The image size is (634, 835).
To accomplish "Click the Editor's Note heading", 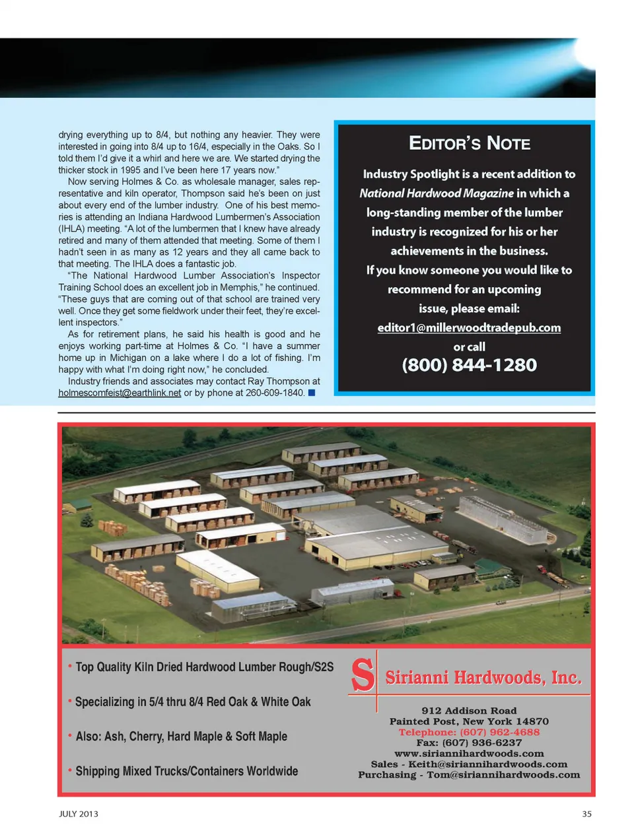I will [x=469, y=143].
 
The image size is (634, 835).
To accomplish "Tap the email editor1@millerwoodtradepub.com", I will [x=469, y=327].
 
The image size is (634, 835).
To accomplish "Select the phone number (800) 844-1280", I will [x=469, y=365].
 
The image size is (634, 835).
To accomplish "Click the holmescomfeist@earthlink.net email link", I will [x=120, y=393].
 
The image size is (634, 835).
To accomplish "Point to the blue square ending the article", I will [x=312, y=393].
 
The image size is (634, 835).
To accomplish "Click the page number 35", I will [x=586, y=814].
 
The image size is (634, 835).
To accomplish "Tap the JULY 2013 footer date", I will [x=79, y=814].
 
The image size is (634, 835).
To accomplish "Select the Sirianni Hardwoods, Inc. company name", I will [x=483, y=678].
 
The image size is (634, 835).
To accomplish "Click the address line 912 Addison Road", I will [x=469, y=711].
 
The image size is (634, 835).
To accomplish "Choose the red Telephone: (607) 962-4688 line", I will [x=469, y=732].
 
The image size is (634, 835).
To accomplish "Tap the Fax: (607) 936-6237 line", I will [x=469, y=743].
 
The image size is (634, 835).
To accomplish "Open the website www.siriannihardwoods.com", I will [x=469, y=753].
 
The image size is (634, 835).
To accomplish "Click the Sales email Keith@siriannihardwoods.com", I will [x=487, y=764].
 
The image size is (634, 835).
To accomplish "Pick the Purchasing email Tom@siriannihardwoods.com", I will [x=503, y=774].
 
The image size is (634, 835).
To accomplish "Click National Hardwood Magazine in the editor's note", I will [x=436, y=193].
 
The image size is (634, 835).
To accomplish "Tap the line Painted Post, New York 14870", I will [x=469, y=721].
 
